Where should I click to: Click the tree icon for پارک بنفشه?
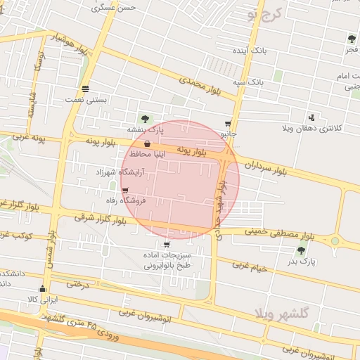[x=145, y=119]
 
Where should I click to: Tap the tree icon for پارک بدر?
[x=302, y=250]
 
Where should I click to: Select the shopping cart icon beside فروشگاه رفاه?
[x=125, y=191]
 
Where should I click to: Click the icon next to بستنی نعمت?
[x=86, y=89]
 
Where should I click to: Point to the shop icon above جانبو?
[x=228, y=122]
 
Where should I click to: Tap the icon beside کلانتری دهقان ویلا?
[x=311, y=117]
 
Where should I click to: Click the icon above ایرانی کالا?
[x=42, y=288]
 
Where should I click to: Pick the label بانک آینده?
[x=250, y=51]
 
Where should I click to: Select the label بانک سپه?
[x=250, y=82]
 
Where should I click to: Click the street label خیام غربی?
[x=252, y=267]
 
